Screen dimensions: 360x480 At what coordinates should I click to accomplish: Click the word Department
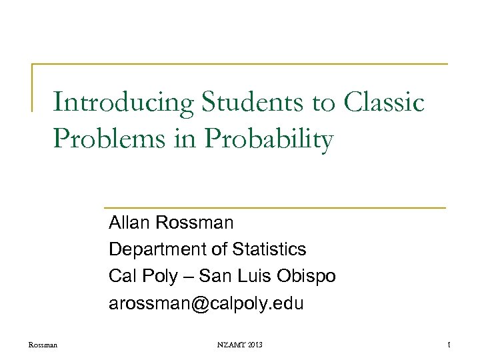157,250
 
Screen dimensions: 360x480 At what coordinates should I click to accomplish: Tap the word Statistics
269,249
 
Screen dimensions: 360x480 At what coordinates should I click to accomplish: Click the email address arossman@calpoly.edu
206,304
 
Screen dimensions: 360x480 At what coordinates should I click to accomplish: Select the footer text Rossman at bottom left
43,345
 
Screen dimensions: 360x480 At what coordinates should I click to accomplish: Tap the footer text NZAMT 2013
239,345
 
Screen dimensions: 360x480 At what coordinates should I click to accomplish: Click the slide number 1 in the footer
450,345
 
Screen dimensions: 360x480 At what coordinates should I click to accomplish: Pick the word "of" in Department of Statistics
219,249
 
